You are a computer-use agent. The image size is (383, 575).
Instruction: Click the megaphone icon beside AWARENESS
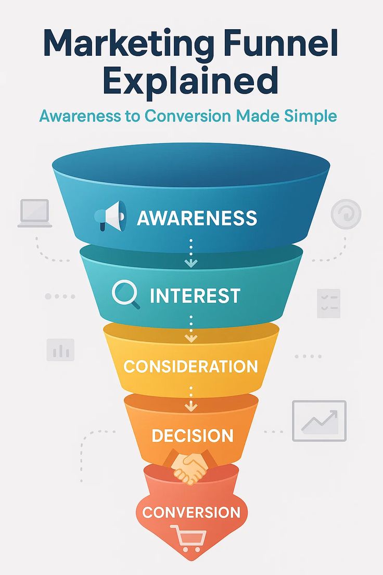pos(110,216)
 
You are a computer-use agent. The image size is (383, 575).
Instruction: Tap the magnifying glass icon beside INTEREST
pos(126,295)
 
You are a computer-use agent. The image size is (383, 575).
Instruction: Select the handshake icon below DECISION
pos(189,467)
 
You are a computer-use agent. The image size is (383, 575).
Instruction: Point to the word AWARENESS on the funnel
pos(197,217)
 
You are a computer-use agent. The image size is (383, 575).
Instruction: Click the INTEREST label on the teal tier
pos(195,296)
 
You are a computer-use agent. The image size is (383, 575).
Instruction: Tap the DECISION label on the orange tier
pos(193,435)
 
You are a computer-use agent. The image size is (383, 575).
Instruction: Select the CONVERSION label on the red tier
pos(191,512)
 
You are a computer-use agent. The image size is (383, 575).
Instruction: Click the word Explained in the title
pos(190,81)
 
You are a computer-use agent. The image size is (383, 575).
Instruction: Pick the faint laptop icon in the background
pos(34,213)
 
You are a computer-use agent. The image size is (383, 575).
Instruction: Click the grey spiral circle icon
pos(346,214)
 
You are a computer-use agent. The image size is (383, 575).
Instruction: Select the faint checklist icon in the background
pos(328,303)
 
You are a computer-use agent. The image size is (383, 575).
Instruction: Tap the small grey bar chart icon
pos(60,349)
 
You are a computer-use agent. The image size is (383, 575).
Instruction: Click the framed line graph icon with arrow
pos(319,421)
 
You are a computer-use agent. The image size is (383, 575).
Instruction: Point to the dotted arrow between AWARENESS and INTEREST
pos(191,253)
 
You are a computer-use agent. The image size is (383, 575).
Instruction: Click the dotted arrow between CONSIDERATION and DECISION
pos(191,399)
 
